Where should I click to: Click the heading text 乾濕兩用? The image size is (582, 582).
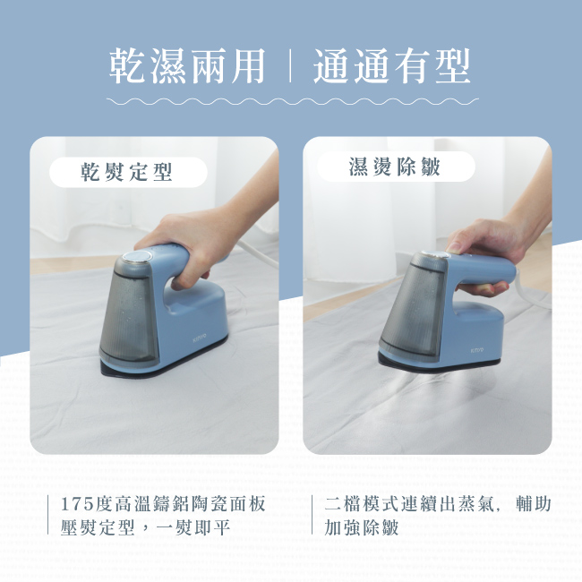point(186,66)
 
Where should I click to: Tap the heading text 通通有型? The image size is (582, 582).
point(392,66)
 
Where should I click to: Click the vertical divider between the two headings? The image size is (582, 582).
point(290,67)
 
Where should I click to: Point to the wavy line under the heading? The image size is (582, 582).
point(291,101)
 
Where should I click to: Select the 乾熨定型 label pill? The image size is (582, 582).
point(127,172)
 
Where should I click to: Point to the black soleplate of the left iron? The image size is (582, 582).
point(143,367)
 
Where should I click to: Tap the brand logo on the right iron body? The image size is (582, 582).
point(477,342)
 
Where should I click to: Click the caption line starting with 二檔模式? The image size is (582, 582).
point(437,504)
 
